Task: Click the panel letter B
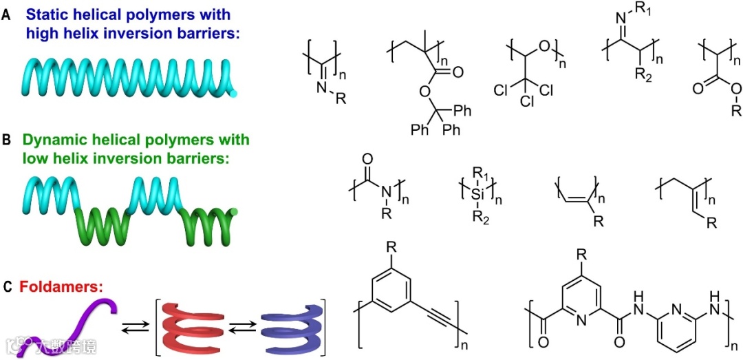point(6,140)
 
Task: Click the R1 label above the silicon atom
point(485,169)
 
